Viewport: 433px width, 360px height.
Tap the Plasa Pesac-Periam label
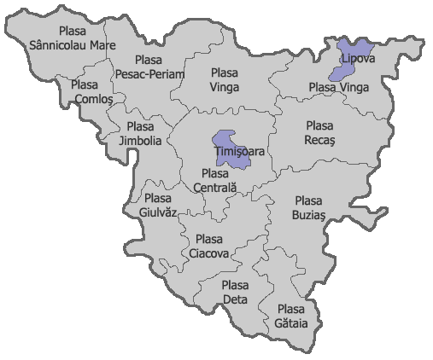(147, 67)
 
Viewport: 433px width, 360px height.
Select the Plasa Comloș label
(86, 92)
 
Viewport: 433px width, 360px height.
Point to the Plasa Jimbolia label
(139, 134)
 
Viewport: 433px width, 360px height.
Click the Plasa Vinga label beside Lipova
(334, 87)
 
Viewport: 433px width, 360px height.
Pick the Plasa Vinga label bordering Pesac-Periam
(224, 80)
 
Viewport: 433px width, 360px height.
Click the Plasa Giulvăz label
(157, 205)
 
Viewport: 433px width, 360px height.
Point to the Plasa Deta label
(235, 293)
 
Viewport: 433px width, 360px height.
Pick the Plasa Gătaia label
(290, 316)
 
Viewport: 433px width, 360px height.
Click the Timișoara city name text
(239, 152)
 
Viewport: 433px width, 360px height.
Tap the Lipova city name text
(357, 58)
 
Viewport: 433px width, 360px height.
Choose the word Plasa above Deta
(235, 286)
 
